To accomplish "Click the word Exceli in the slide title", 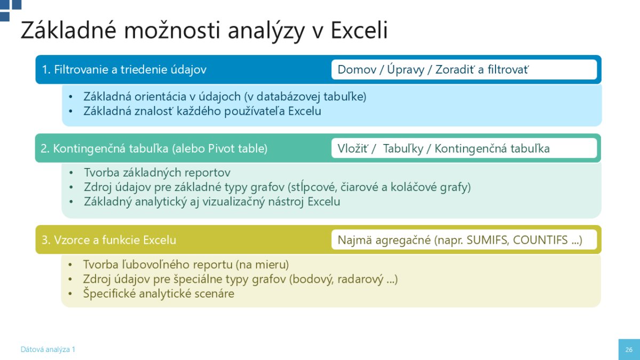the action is [359, 30].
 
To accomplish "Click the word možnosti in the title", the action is [172, 30].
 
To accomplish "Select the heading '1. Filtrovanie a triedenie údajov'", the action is [124, 69].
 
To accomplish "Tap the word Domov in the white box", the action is [357, 69].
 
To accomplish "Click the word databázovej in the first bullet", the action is [289, 97].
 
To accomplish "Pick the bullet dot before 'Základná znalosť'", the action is [70, 111].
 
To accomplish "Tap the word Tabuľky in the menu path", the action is [403, 149].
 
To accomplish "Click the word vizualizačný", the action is [234, 202].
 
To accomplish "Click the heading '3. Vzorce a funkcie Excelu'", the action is [109, 239].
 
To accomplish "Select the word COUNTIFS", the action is [540, 240].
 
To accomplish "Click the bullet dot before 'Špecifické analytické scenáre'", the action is [70, 294].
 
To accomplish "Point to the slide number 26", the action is [629, 350].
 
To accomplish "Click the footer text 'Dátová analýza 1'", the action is [47, 349].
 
